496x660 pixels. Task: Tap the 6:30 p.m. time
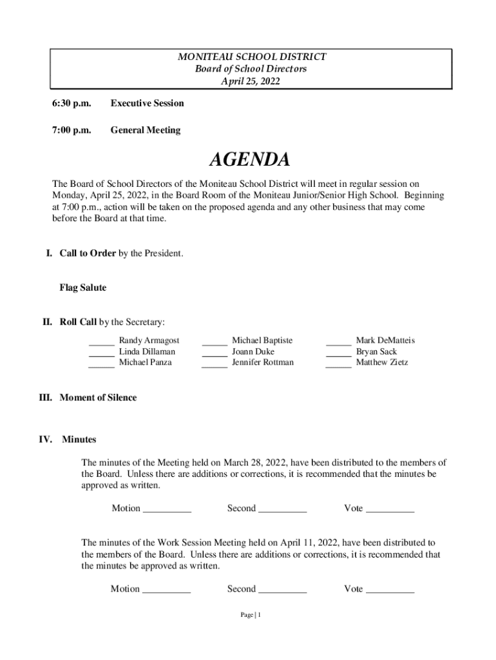pyautogui.click(x=72, y=103)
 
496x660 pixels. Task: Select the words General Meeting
pyautogui.click(x=146, y=130)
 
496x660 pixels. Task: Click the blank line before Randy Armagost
pyautogui.click(x=101, y=341)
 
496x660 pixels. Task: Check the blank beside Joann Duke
pyautogui.click(x=215, y=352)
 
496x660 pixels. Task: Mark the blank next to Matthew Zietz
pyautogui.click(x=338, y=363)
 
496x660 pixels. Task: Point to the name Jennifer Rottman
pyautogui.click(x=263, y=362)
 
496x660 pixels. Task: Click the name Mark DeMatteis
pyautogui.click(x=386, y=340)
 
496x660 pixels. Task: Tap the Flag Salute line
pyautogui.click(x=83, y=287)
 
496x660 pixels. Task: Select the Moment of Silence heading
pyautogui.click(x=98, y=398)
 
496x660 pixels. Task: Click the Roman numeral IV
pyautogui.click(x=45, y=440)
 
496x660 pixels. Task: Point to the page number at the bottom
pyautogui.click(x=250, y=616)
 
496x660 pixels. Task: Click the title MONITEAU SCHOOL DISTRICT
pyautogui.click(x=251, y=57)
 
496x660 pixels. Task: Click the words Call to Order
pyautogui.click(x=88, y=253)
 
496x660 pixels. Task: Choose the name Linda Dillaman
pyautogui.click(x=147, y=352)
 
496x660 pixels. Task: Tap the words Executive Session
pyautogui.click(x=147, y=103)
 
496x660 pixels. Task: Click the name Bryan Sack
pyautogui.click(x=376, y=352)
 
